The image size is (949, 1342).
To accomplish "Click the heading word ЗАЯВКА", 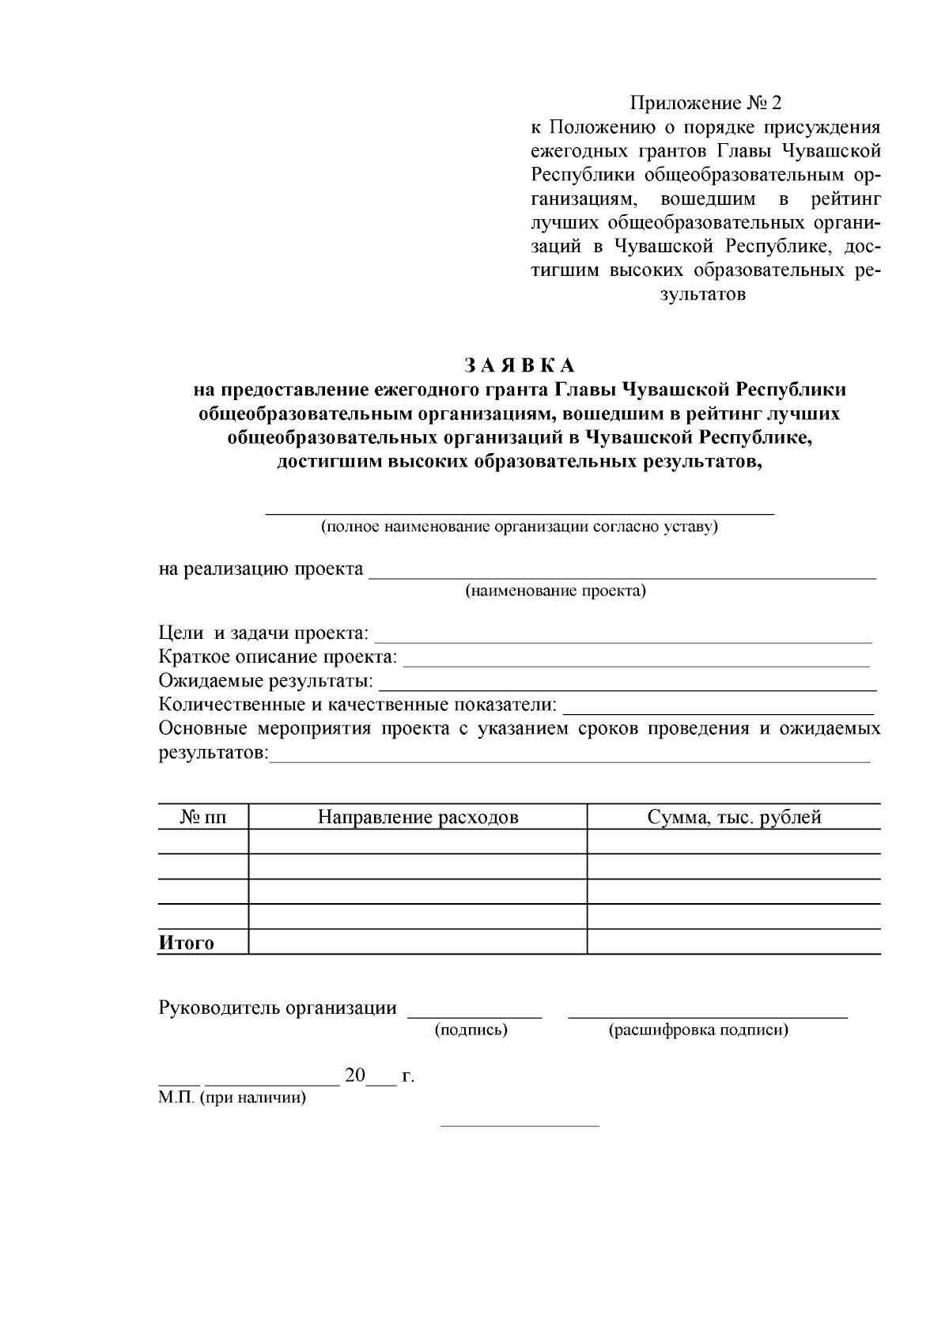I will (x=519, y=365).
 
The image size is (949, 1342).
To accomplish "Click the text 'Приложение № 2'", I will (x=705, y=104).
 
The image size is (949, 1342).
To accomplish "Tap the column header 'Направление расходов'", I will (x=418, y=817).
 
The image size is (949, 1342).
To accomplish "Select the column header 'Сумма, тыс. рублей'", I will (x=734, y=817).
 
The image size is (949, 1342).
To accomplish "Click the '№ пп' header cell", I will (x=203, y=817).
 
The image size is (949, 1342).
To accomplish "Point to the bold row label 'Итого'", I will (x=187, y=943).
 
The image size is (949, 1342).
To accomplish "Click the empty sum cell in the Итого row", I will (x=734, y=942).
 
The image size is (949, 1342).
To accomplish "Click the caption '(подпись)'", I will (x=471, y=1030).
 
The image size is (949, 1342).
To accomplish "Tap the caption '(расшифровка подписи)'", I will (x=698, y=1030).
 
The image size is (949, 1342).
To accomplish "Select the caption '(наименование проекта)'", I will (x=555, y=591).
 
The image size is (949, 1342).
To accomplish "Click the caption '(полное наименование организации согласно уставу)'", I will (x=519, y=527).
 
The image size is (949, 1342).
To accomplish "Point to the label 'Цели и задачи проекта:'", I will (x=263, y=633).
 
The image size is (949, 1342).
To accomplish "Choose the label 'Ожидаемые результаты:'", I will (x=266, y=681).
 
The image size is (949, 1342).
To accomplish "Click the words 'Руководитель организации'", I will (x=278, y=1007).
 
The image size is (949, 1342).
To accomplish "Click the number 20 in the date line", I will (x=355, y=1075).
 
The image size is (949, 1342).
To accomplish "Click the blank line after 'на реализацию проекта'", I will (x=622, y=576).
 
